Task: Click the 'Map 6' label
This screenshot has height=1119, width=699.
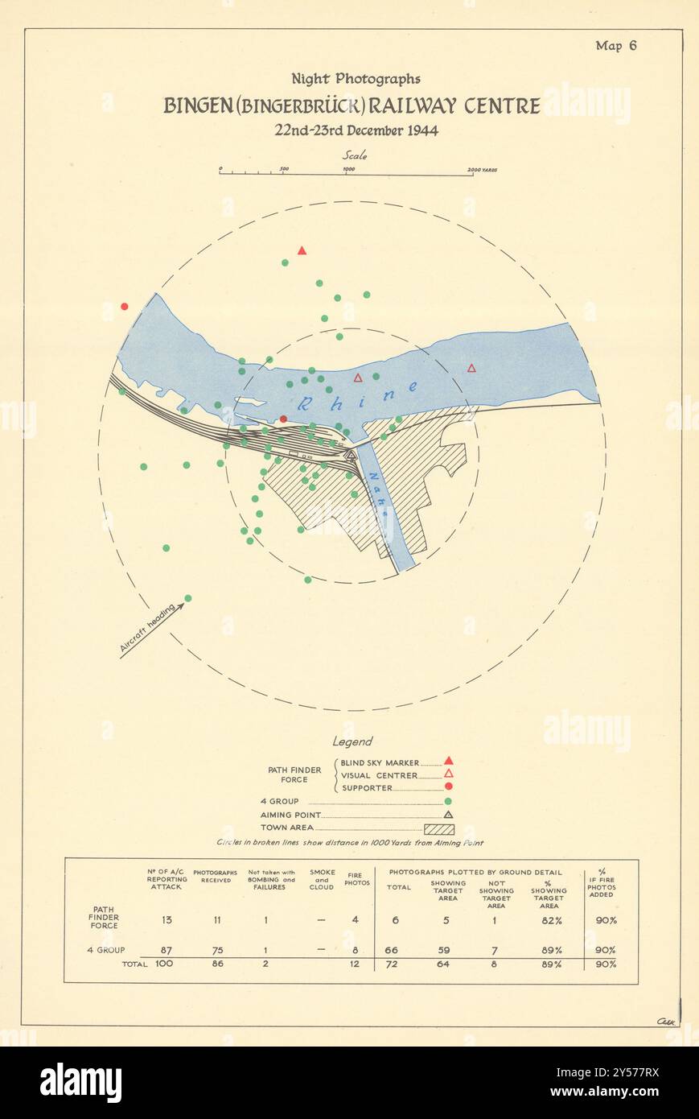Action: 615,45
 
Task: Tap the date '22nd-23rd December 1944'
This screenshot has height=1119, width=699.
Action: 356,130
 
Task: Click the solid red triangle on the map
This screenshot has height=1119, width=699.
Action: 302,250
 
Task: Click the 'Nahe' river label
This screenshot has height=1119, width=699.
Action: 377,488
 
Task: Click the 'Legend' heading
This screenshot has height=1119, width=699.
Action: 352,741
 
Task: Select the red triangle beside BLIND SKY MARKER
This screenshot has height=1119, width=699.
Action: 448,761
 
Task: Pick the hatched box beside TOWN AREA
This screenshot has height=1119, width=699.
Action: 439,828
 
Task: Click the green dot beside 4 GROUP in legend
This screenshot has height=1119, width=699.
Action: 448,801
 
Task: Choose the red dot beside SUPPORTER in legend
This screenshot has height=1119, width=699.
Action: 448,787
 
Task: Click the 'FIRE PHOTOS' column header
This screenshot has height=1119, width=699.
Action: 358,878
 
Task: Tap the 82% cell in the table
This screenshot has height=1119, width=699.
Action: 549,919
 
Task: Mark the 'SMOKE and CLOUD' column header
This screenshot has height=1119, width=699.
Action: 322,879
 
